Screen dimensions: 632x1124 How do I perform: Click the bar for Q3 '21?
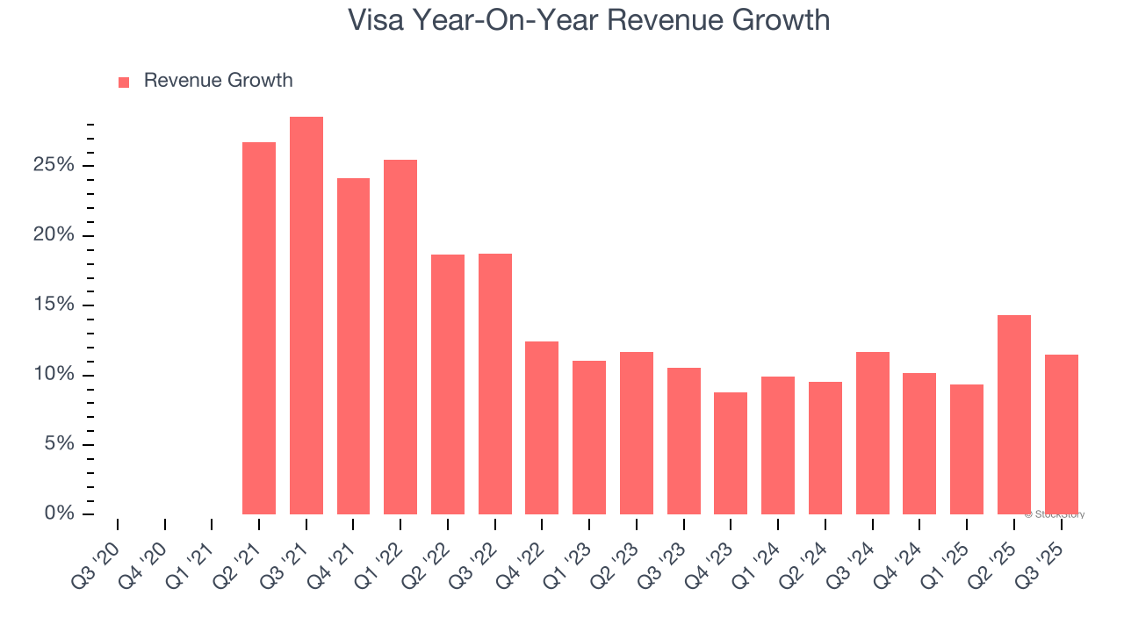pos(306,316)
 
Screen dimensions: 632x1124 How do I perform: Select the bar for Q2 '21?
pos(259,328)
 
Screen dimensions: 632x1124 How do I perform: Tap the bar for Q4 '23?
pos(731,453)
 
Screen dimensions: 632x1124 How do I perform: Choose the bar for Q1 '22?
pos(400,337)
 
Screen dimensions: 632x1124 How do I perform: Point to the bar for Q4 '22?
pos(542,427)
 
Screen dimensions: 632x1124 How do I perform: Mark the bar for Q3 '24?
pos(873,433)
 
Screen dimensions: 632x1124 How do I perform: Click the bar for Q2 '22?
pos(448,384)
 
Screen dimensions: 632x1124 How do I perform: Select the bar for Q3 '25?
pos(1062,434)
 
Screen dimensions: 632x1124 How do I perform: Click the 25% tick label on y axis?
pos(54,166)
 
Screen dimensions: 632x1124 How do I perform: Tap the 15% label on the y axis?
pos(54,305)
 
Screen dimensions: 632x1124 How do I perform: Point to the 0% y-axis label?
pos(60,513)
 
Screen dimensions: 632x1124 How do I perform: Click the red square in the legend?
pos(124,83)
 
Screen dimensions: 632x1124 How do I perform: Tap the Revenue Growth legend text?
pos(218,81)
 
